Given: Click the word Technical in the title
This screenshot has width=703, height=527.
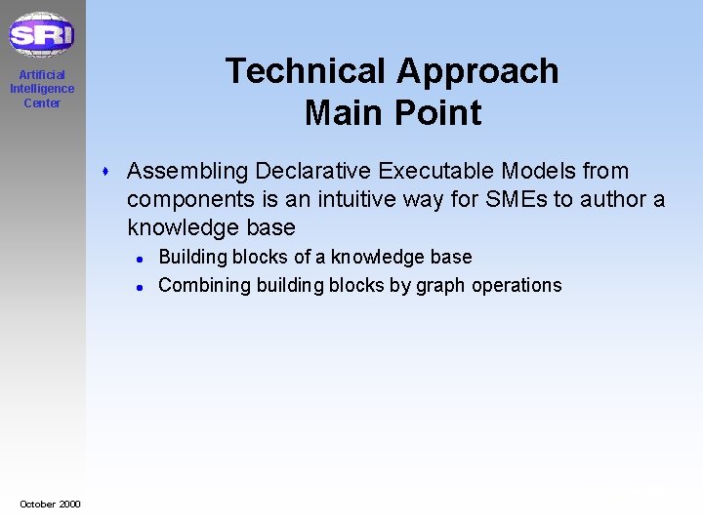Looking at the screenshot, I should click(x=306, y=71).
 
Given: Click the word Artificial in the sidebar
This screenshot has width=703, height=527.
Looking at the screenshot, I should click(x=42, y=75).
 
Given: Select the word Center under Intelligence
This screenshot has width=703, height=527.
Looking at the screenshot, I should click(x=42, y=103).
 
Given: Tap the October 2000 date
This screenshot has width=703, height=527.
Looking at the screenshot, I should click(x=50, y=504).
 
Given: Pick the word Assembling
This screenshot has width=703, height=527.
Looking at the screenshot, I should click(x=187, y=171).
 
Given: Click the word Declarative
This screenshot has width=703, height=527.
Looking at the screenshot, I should click(x=312, y=171).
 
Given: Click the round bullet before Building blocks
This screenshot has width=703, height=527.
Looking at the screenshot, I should click(x=141, y=259).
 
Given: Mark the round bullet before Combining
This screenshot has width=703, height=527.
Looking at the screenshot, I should click(x=141, y=287).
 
